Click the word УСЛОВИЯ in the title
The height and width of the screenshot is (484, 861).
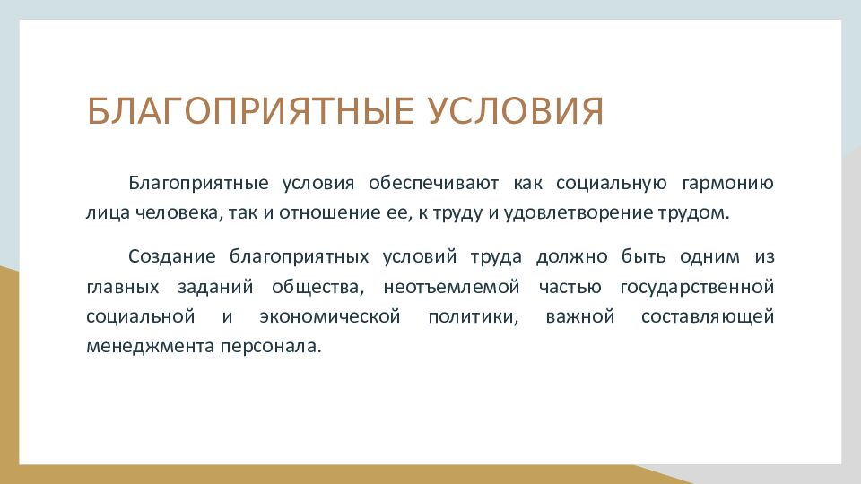coord(516,111)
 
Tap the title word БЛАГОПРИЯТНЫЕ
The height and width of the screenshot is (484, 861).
coord(250,111)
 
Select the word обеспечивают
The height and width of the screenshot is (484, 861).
coord(434,183)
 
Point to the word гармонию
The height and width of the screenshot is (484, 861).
coord(727,183)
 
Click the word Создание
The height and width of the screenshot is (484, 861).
coord(172,256)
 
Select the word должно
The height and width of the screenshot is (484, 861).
coord(571,257)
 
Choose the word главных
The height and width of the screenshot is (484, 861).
coord(123,287)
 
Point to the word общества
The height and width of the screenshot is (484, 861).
coord(317,287)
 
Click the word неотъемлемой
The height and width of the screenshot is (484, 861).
coord(451,287)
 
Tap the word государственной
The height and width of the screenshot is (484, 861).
coord(698,287)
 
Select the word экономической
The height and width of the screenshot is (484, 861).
coord(330,316)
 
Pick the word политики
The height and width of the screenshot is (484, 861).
coord(474,317)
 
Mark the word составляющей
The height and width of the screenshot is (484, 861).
coord(708,317)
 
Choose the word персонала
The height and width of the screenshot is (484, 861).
coord(271,347)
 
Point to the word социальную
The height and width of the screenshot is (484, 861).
coord(612,183)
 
